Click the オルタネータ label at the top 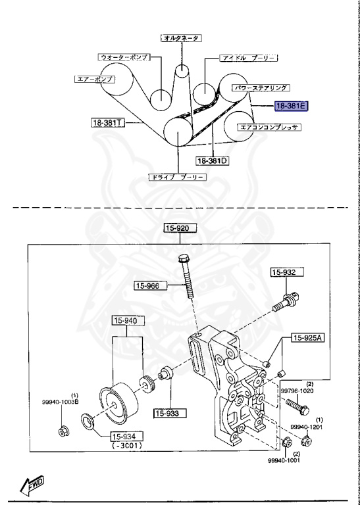coord(180,38)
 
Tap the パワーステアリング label coord(262,87)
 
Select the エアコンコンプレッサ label coord(270,127)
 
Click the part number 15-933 coord(170,414)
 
